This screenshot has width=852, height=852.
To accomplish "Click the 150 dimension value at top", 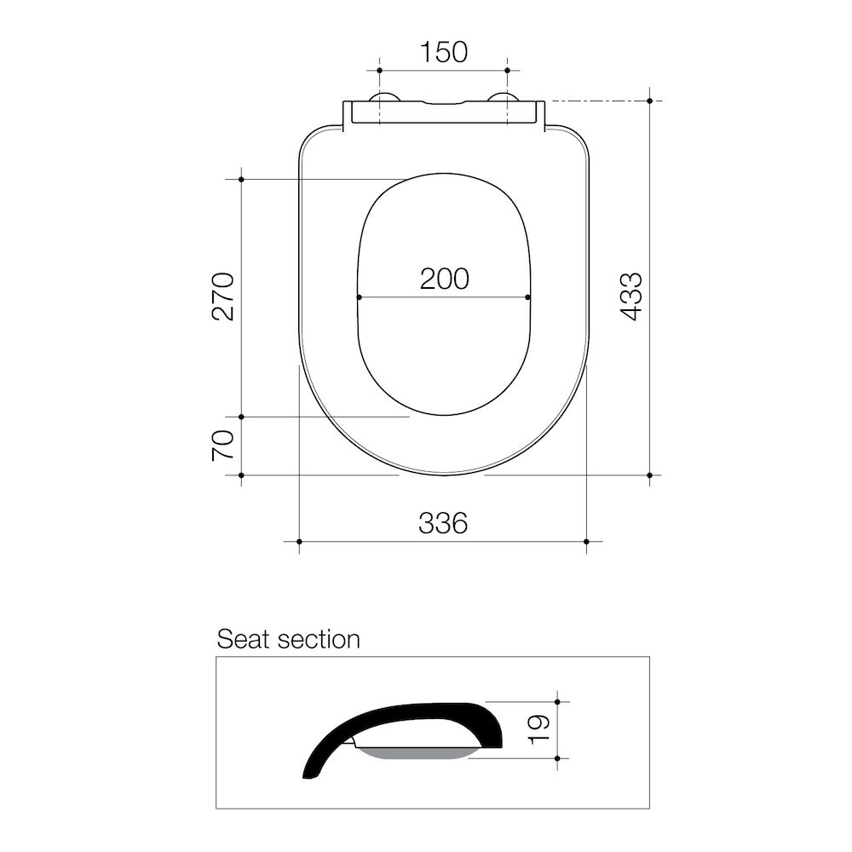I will tap(443, 52).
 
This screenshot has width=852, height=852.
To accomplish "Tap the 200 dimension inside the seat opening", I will tap(444, 279).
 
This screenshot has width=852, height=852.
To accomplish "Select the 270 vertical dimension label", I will tap(223, 296).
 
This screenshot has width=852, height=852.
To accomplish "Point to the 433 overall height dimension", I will tap(630, 296).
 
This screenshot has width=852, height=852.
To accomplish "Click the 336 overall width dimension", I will tap(443, 522).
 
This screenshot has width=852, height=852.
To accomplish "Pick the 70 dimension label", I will tap(223, 446).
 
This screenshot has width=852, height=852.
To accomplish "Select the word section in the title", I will tap(320, 639).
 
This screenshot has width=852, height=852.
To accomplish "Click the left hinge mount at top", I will tap(383, 100).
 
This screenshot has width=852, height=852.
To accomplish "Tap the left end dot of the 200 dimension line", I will tap(360, 297).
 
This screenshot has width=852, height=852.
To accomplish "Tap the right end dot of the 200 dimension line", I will tap(528, 297).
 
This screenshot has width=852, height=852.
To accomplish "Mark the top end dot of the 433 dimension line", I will tap(649, 101).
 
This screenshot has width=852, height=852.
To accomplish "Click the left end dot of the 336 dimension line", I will tap(299, 541).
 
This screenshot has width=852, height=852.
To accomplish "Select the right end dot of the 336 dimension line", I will tap(586, 541).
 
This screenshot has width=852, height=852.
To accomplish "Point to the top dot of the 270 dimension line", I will tap(242, 180).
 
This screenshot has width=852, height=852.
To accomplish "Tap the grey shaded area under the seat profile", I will tap(417, 753).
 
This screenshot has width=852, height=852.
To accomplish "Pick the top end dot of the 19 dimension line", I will tap(557, 702).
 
